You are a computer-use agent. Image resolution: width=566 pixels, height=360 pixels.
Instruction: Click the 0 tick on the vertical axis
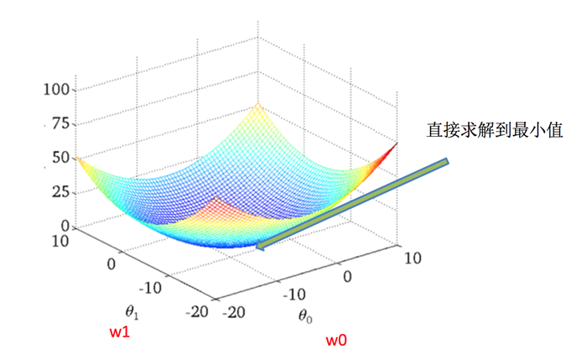click(x=64, y=225)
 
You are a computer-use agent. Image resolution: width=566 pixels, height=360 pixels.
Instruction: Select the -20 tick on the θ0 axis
click(x=237, y=310)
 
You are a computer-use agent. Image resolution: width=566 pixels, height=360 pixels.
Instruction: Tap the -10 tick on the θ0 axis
click(x=293, y=295)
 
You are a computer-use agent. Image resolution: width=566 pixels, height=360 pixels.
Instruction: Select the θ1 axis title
click(x=132, y=311)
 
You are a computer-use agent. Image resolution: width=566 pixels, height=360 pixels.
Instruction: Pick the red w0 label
click(x=336, y=340)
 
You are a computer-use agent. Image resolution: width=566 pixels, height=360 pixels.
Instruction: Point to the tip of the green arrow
click(x=259, y=248)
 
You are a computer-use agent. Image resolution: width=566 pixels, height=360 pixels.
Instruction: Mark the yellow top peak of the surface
click(x=257, y=104)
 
